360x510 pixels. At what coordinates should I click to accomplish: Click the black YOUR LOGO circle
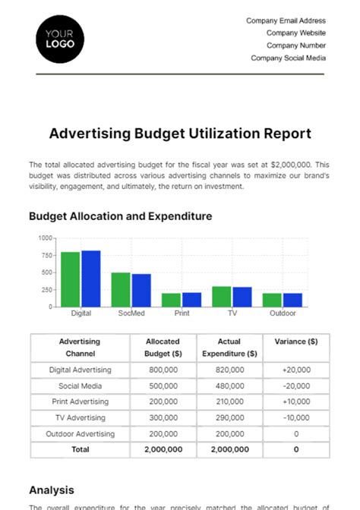coord(58,39)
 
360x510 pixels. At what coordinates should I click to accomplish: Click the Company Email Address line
coord(286,21)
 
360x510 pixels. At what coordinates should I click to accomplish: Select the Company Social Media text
coord(288,58)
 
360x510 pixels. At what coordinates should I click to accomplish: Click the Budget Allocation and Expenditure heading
coord(120,216)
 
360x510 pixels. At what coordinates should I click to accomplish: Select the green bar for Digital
coord(71,279)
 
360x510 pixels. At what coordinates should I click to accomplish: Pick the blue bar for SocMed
coord(141,290)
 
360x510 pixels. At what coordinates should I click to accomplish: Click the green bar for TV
coord(221,296)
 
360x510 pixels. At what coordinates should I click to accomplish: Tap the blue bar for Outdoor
coord(292,299)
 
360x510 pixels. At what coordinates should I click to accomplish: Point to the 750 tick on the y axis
coord(46,255)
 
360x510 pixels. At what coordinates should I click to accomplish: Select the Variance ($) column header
coord(296,342)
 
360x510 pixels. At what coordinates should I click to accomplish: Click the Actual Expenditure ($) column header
coord(229,348)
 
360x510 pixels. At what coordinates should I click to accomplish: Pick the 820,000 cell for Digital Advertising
coord(229,370)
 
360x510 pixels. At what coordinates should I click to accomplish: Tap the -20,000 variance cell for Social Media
coord(296,386)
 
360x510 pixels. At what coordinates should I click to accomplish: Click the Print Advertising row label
coord(80,401)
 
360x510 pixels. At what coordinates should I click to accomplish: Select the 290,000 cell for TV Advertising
coord(229,417)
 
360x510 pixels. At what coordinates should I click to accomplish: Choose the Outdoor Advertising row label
coord(80,433)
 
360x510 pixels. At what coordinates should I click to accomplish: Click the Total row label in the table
coord(80,449)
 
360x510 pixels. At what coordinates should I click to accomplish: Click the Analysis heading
coord(52,490)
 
